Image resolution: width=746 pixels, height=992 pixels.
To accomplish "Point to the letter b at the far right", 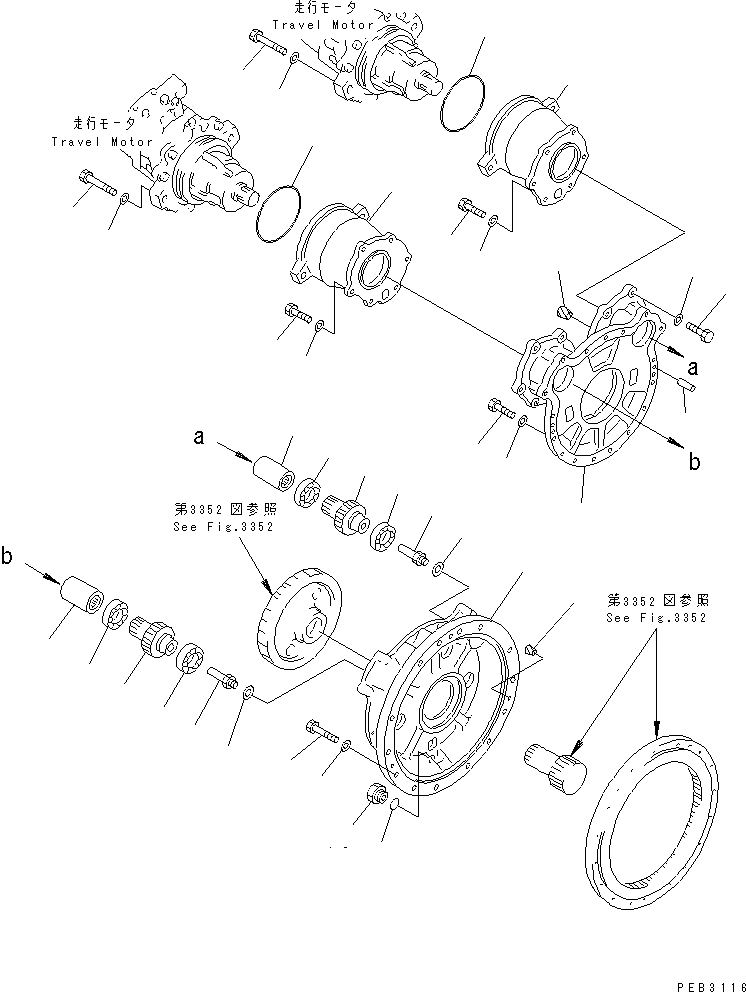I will [694, 462].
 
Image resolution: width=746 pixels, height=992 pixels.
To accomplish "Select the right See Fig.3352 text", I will [657, 618].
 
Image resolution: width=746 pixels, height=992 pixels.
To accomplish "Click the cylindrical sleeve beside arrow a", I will [272, 474].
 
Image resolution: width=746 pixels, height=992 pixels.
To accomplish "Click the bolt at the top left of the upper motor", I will [264, 43].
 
